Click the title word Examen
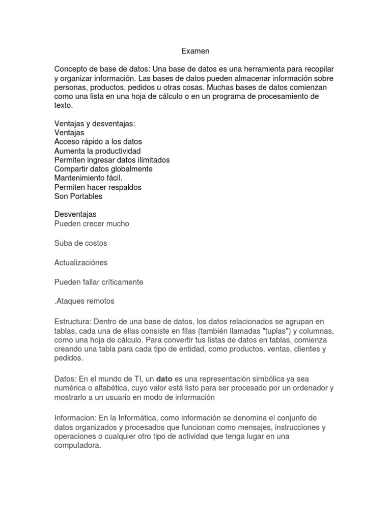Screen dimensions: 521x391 [x=195, y=51]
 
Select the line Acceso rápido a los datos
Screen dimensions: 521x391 [x=98, y=141]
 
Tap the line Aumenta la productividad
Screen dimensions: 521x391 [x=97, y=151]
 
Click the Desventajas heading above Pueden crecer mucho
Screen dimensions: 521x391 [x=75, y=214]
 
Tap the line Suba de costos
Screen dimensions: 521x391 [x=80, y=243]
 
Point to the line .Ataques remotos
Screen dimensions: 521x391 [x=84, y=301]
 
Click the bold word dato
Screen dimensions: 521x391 [x=164, y=379]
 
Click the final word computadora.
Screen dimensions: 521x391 [x=78, y=445]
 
